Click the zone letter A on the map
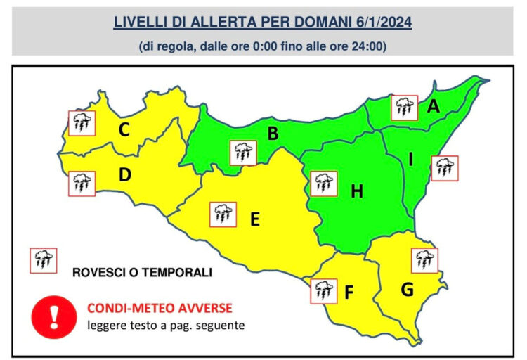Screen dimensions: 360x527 [434, 107]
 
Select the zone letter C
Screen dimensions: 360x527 [124, 129]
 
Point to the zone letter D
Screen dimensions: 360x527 [125, 175]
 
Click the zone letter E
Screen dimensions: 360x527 [255, 219]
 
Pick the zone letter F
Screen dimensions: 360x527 [349, 292]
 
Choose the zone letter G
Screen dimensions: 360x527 [406, 289]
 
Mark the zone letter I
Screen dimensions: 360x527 [410, 160]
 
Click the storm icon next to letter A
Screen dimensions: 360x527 [404, 108]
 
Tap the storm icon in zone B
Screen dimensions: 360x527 [243, 153]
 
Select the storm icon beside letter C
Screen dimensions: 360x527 [81, 123]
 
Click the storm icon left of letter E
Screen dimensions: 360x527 [223, 214]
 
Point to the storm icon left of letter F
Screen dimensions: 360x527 [323, 290]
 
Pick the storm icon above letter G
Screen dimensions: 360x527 [424, 259]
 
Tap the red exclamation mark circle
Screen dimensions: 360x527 [53, 315]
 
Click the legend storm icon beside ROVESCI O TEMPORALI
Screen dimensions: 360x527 [41, 260]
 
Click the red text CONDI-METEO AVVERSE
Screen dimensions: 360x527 [159, 308]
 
